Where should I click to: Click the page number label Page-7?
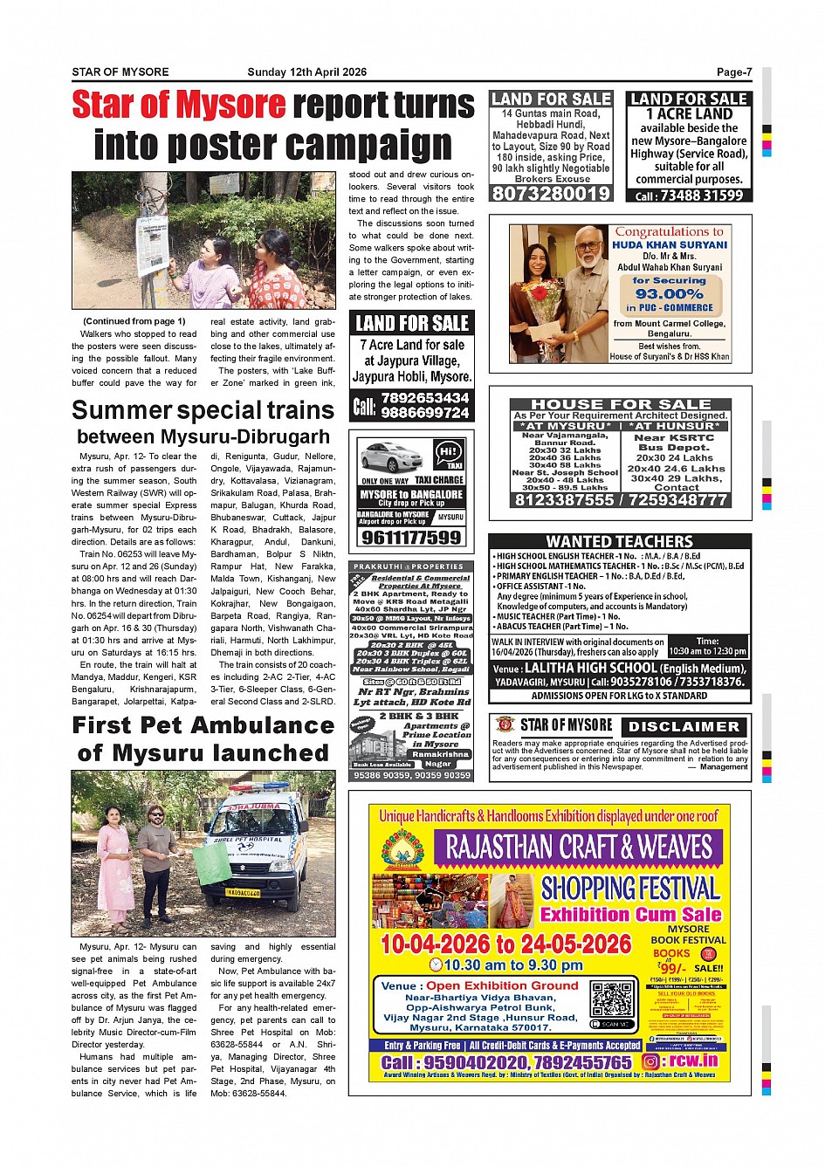(x=734, y=72)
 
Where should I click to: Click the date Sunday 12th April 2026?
(x=306, y=72)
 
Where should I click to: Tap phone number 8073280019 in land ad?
(x=550, y=194)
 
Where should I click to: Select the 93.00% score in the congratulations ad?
(x=670, y=294)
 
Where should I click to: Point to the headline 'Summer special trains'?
(x=203, y=410)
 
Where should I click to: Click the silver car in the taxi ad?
(x=391, y=457)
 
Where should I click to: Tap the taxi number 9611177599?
(x=410, y=537)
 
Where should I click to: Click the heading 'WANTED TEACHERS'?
(x=619, y=541)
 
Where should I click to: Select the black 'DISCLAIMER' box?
(x=684, y=726)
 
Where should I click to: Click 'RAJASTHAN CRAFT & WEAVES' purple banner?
(x=579, y=847)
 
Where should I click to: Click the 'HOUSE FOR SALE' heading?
(x=620, y=404)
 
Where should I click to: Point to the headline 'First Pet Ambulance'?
(x=203, y=725)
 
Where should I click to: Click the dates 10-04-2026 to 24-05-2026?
(x=505, y=944)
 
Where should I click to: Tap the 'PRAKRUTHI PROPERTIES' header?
(x=409, y=566)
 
